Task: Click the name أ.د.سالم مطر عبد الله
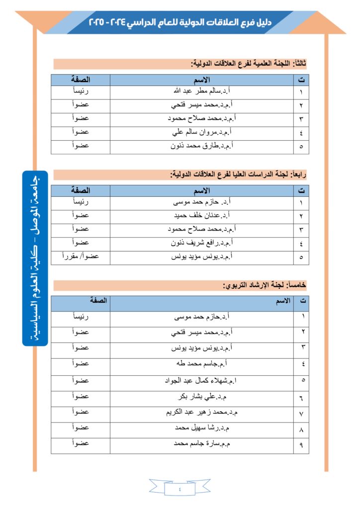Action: [x=201, y=92]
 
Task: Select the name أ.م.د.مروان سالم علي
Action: [x=201, y=132]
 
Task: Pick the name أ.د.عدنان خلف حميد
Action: [x=201, y=216]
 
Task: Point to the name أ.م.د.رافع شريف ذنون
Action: [x=201, y=243]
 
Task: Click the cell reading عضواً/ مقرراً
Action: [x=80, y=256]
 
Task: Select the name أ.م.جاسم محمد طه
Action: [x=201, y=363]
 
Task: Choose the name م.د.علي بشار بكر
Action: [x=201, y=397]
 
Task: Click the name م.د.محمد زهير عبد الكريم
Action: [x=201, y=413]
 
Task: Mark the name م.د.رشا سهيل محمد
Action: [x=201, y=428]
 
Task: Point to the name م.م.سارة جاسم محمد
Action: [x=201, y=444]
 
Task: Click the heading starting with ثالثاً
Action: [x=249, y=64]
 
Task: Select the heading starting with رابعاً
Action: [x=239, y=174]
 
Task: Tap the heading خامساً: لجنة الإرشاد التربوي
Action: [x=264, y=285]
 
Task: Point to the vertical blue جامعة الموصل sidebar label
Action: [x=35, y=258]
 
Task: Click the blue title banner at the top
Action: [x=180, y=22]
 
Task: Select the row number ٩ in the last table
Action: [x=301, y=445]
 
